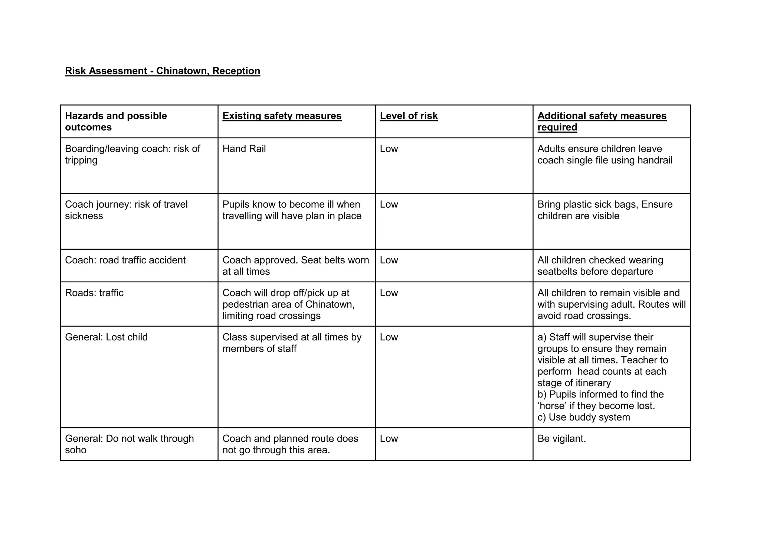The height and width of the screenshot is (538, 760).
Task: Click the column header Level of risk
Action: coord(409,116)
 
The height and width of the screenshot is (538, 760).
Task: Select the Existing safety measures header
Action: coord(282,116)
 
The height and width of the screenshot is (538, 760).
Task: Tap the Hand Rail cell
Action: coord(244,149)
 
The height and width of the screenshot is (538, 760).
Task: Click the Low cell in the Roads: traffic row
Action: coord(389,293)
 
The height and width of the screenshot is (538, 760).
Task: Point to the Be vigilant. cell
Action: coord(561,439)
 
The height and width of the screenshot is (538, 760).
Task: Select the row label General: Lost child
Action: coord(106,337)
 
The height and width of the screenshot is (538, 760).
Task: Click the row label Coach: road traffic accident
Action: coord(125,260)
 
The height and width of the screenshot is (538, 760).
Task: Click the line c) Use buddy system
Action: coord(583,417)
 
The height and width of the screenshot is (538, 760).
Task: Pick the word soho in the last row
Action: coord(76,450)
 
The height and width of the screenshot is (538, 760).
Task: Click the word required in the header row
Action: coord(557,127)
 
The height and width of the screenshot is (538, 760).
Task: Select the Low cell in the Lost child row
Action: coord(389,337)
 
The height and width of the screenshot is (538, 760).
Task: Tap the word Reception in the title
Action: coord(236,71)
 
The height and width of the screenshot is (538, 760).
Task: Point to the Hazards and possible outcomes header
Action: coord(116,121)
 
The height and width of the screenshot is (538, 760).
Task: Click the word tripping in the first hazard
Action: coord(81,161)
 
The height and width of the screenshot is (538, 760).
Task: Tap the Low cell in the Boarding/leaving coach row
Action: coord(389,149)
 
